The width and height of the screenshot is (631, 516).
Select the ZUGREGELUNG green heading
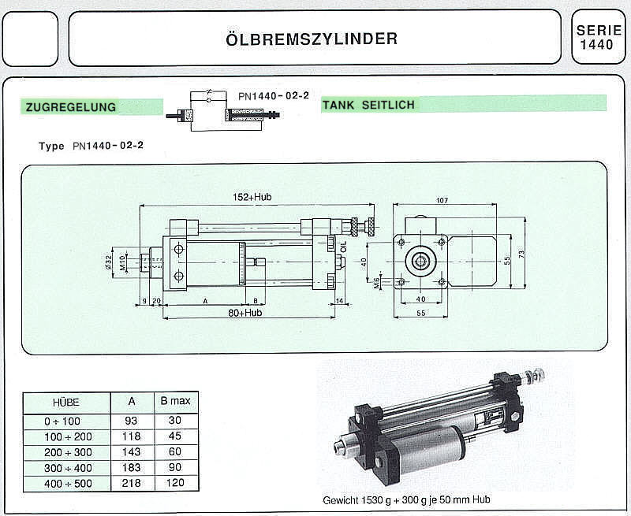[x=71, y=107]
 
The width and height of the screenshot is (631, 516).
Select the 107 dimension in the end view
[x=442, y=199]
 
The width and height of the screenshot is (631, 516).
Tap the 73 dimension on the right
[x=521, y=254]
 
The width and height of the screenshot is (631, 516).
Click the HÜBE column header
[x=65, y=402]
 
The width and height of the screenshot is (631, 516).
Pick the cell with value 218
[x=131, y=482]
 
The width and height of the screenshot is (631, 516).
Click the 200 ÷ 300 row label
[x=65, y=452]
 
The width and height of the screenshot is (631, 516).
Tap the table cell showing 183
[x=131, y=467]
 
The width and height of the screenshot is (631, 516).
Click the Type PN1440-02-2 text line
[x=91, y=146]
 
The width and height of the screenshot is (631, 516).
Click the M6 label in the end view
[x=378, y=281]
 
